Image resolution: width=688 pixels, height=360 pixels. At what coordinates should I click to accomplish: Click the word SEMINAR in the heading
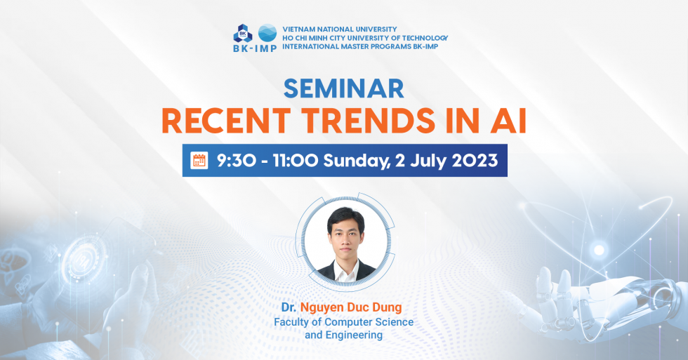point(344,87)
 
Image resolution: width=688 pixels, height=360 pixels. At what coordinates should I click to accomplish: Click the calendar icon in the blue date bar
point(199,161)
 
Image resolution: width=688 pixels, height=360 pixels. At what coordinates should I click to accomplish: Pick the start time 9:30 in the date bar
point(235,161)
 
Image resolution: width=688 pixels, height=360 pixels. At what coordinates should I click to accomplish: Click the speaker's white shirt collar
point(344,267)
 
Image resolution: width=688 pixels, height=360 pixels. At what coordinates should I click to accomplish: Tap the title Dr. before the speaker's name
point(289,307)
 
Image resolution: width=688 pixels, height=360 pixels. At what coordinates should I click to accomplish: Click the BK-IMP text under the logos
point(255,49)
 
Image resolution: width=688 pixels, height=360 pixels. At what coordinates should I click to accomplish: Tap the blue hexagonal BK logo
point(243,33)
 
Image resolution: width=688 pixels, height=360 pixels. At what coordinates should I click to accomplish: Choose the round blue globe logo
point(267,32)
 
